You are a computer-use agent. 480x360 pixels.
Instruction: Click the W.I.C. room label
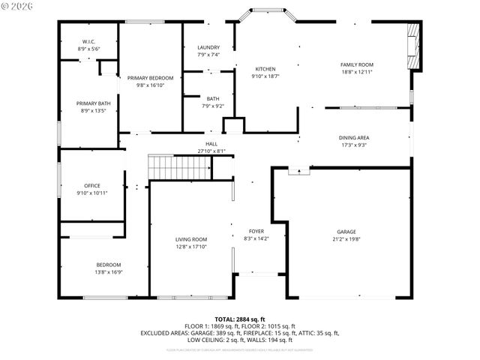click(x=88, y=41)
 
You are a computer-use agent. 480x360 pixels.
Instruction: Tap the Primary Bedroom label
click(x=150, y=78)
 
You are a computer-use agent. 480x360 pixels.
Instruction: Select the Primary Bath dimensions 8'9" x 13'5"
click(x=93, y=110)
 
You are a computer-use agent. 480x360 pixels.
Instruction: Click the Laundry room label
click(x=209, y=47)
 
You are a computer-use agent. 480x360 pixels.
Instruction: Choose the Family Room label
click(x=357, y=64)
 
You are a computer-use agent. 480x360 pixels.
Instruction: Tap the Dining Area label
click(x=354, y=137)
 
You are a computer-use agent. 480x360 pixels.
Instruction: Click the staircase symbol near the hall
click(x=166, y=167)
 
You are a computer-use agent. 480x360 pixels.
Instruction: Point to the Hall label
click(x=211, y=144)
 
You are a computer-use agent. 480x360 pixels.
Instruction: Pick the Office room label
click(x=91, y=185)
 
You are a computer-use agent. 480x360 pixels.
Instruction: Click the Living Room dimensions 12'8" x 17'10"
click(x=191, y=247)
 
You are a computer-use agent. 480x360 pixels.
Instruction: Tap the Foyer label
click(x=256, y=231)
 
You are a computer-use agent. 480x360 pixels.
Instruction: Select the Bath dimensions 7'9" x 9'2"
click(x=213, y=106)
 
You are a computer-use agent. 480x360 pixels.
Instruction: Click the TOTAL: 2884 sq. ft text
click(x=240, y=319)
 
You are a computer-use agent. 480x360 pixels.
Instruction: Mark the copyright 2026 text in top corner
click(x=19, y=6)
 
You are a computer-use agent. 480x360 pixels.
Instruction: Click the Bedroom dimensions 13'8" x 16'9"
click(x=108, y=272)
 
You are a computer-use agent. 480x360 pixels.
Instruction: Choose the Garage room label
click(x=346, y=232)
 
